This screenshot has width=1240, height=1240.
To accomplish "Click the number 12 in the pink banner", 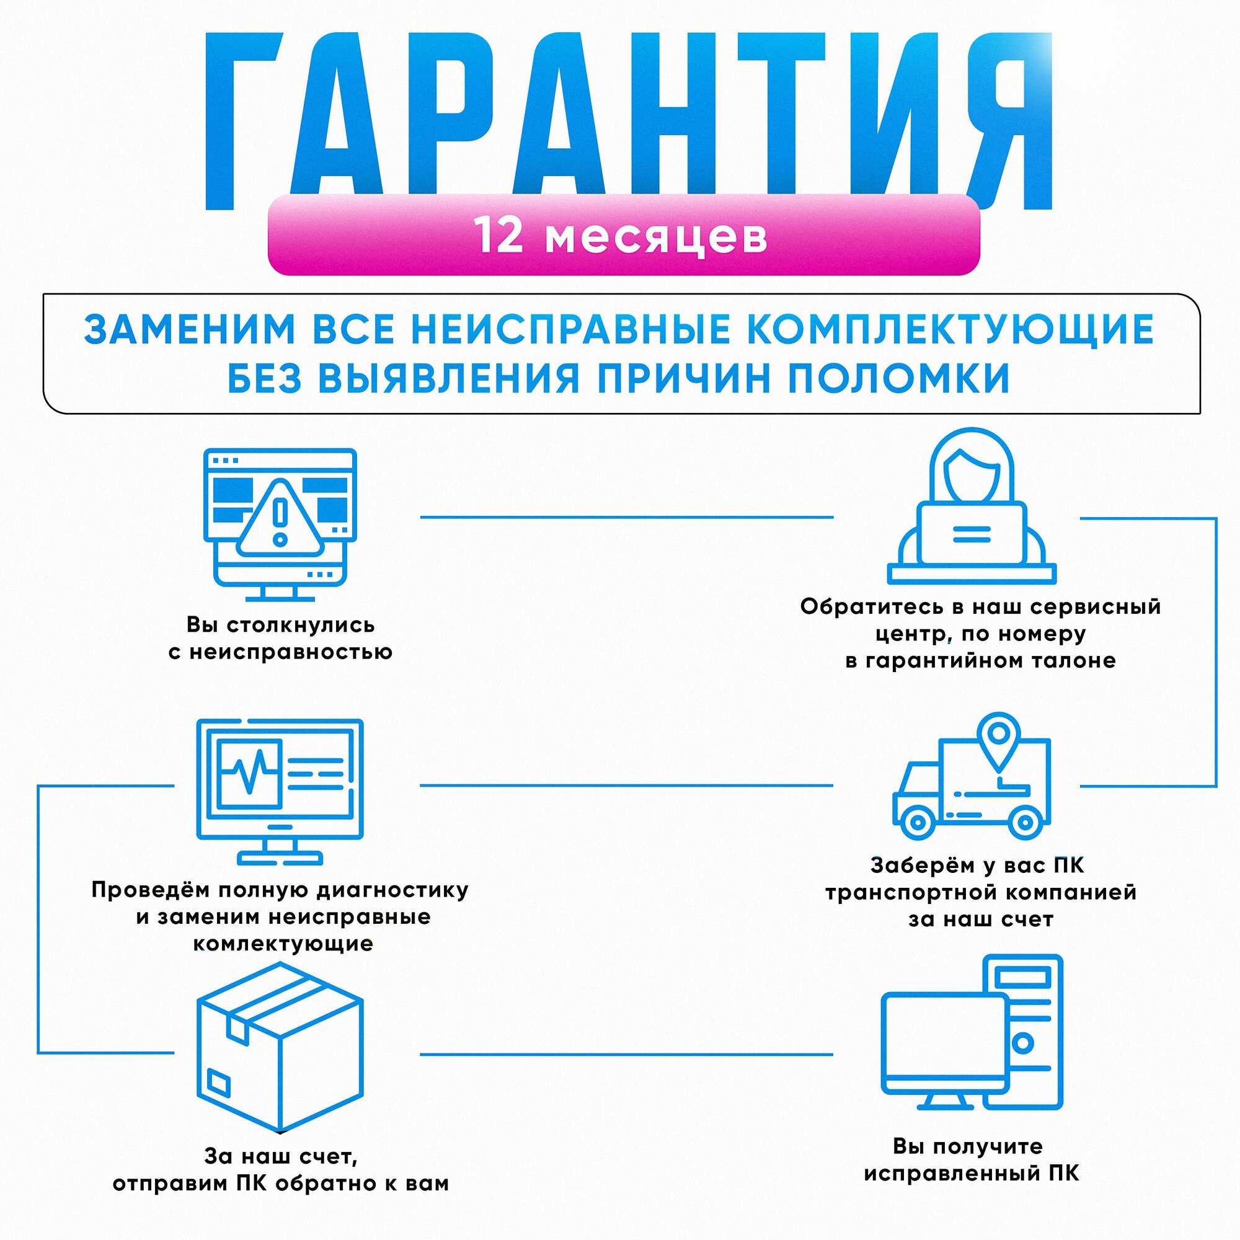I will pos(498,235).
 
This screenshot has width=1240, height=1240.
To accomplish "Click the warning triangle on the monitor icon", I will pos(280,520).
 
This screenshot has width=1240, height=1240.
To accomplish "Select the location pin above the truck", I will pos(998,737).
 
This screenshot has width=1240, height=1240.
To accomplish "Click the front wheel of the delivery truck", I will pos(918,822).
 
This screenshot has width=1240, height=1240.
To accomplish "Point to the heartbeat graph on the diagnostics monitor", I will pos(249,773).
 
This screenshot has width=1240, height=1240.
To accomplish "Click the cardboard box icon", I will pos(280,1046).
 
